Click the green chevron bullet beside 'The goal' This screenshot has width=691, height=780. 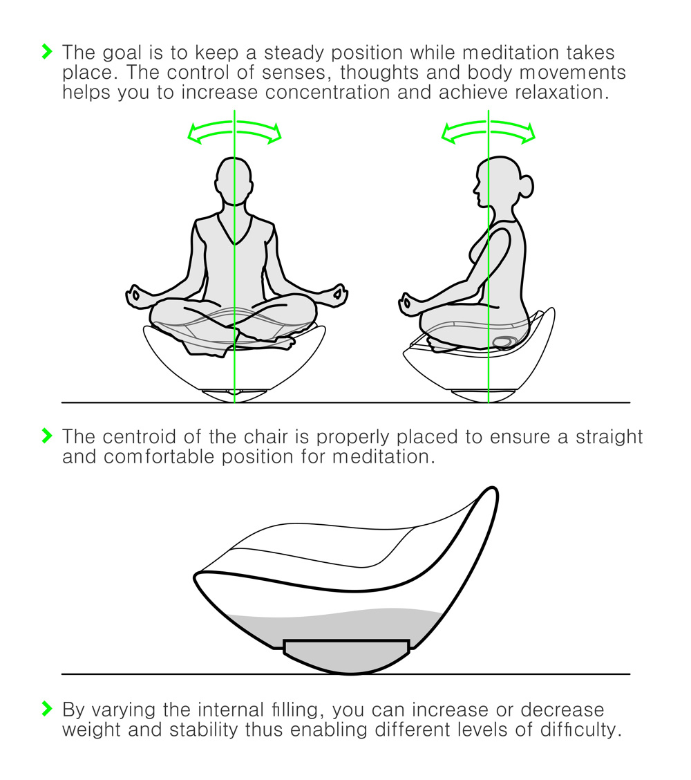coord(46,51)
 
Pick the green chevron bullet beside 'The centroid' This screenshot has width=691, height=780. coord(46,436)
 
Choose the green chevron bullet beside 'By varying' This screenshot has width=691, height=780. coord(46,709)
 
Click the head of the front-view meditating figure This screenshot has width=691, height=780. coord(234,181)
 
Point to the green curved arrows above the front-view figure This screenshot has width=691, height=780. coord(235,131)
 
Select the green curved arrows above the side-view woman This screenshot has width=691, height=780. coord(489,131)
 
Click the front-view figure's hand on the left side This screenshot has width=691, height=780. coord(136,295)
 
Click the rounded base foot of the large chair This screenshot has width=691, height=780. coord(347,657)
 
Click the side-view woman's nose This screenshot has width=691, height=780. coord(473,186)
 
